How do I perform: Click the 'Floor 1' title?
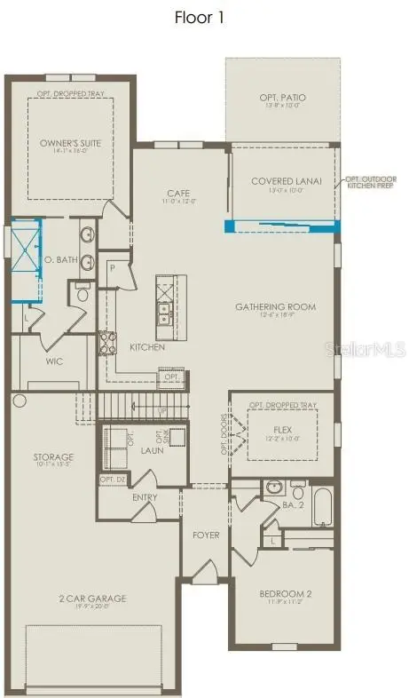pyautogui.click(x=204, y=18)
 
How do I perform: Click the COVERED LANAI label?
pyautogui.click(x=285, y=181)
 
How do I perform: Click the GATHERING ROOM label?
pyautogui.click(x=275, y=307)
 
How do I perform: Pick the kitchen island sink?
pyautogui.click(x=165, y=311)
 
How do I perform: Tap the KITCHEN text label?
pyautogui.click(x=147, y=347)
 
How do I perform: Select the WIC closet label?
pyautogui.click(x=54, y=362)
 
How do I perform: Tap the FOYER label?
pyautogui.click(x=205, y=535)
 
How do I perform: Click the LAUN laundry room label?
pyautogui.click(x=151, y=451)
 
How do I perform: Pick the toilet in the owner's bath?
pyautogui.click(x=83, y=292)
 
